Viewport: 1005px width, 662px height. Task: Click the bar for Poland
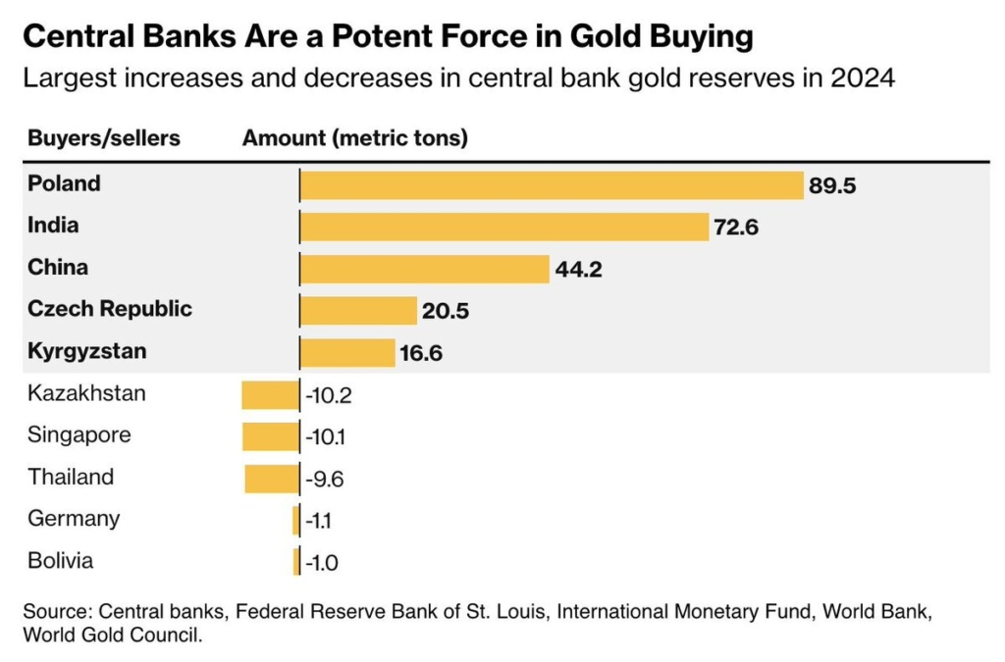[552, 185]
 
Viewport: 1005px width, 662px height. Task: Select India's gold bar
[503, 227]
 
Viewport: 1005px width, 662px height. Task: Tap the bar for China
[424, 269]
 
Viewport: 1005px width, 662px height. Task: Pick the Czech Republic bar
[358, 311]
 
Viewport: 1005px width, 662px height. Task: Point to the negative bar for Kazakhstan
[270, 395]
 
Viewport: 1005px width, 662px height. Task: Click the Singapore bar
[270, 436]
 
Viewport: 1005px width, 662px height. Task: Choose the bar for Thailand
[271, 479]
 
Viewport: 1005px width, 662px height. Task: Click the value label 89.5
[832, 185]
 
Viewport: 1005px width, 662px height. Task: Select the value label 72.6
[737, 228]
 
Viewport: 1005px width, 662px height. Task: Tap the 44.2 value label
[578, 270]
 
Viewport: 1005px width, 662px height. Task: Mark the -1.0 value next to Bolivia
[322, 563]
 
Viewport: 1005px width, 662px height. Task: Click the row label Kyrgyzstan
[87, 351]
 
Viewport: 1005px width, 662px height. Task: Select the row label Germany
[74, 519]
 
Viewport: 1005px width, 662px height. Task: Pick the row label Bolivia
[61, 561]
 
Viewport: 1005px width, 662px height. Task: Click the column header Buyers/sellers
[104, 138]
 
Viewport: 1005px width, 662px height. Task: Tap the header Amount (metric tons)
[354, 138]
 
